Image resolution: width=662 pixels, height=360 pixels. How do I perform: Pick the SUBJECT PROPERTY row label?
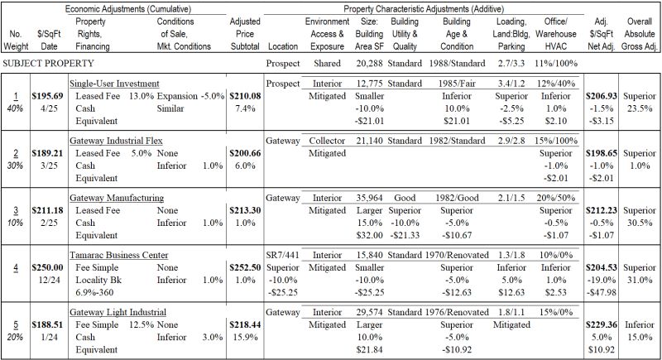(x=48, y=63)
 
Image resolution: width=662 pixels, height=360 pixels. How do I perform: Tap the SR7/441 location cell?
(x=283, y=254)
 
